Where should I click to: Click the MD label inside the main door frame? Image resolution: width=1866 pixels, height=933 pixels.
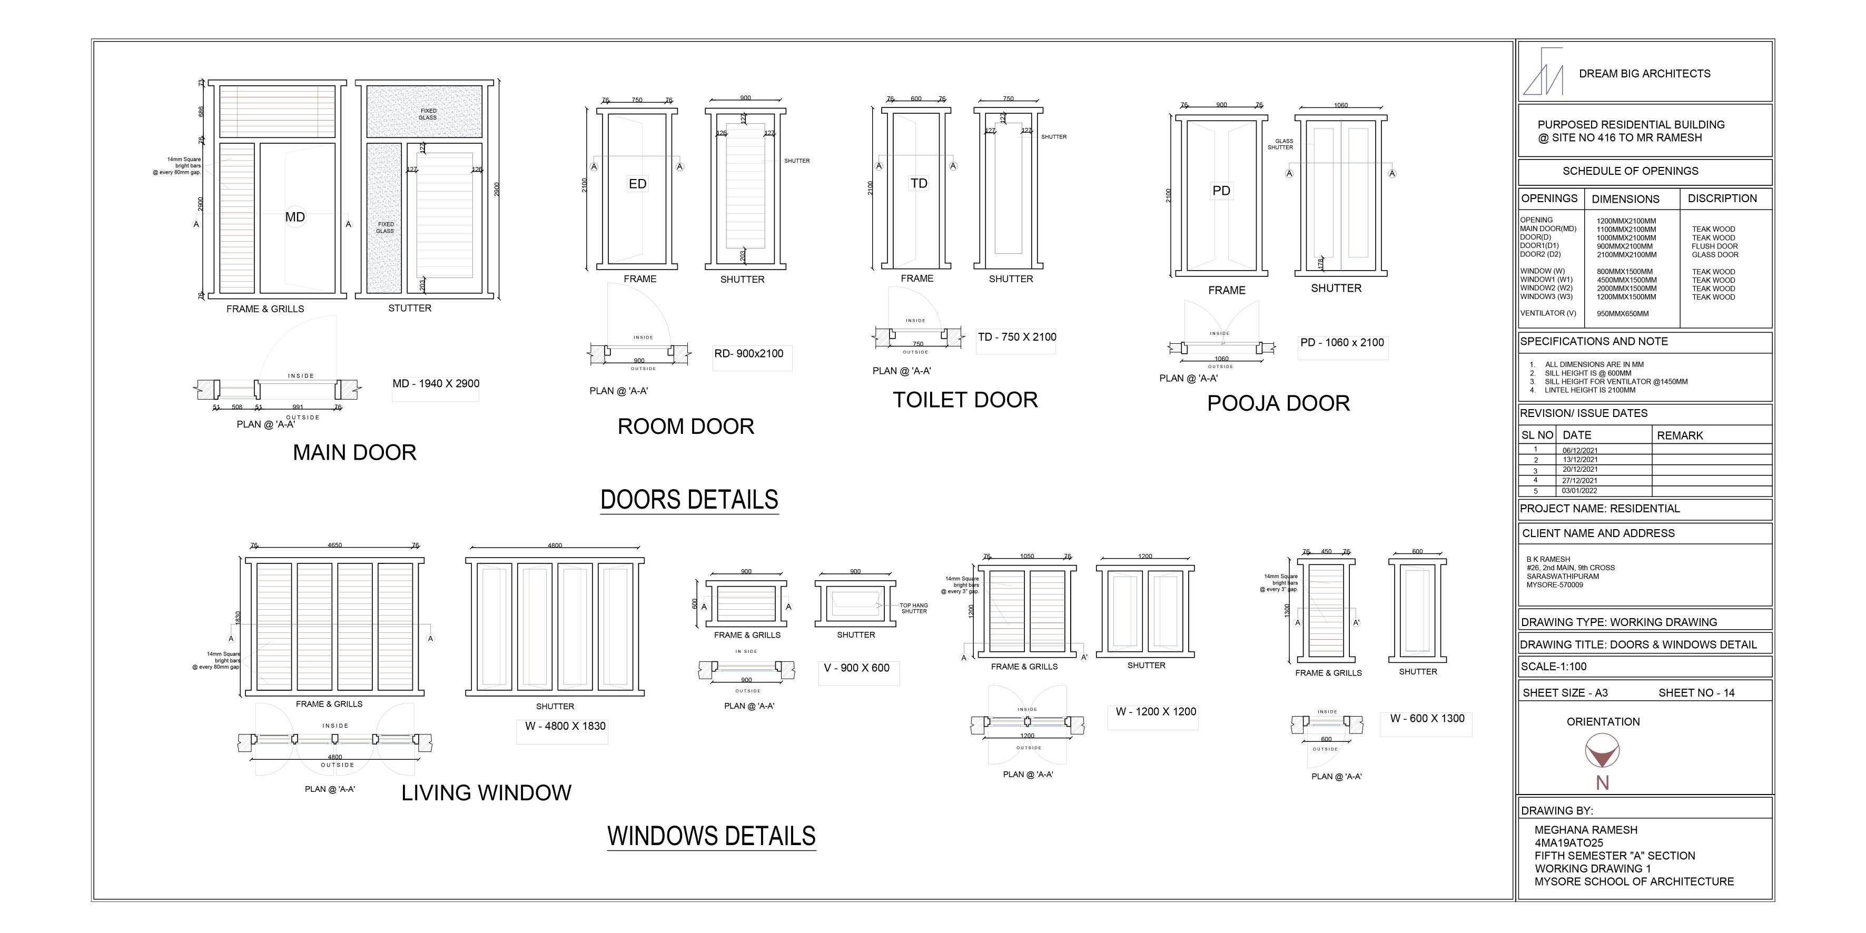pos(295,216)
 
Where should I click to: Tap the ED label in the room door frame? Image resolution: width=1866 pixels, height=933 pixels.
pos(637,184)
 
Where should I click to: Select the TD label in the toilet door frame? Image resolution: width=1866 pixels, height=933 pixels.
pos(919,183)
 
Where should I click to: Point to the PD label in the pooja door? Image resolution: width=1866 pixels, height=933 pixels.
pos(1221,191)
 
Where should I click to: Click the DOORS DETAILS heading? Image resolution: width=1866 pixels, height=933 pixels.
pos(689,500)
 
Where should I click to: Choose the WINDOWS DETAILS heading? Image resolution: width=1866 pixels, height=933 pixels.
pos(712,836)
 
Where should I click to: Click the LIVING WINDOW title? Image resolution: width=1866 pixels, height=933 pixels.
pos(486,792)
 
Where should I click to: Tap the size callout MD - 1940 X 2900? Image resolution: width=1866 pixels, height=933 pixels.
pos(436,384)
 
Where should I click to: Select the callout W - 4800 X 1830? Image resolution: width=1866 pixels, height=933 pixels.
pos(565,726)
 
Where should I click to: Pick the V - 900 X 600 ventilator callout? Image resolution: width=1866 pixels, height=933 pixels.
pos(856,668)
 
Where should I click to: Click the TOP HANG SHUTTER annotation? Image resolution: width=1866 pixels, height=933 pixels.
pos(913,608)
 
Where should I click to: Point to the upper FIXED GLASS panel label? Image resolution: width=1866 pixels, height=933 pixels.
pos(428,114)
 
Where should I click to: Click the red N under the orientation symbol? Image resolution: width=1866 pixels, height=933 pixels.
pos(1602,783)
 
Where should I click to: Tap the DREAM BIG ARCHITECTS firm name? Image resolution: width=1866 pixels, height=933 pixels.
pos(1644,74)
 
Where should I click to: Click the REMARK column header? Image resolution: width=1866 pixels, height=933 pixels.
pos(1680,435)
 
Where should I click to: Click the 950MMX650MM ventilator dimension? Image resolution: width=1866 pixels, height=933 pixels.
pos(1623,314)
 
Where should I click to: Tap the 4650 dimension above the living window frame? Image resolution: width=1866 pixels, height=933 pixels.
pos(334,545)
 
